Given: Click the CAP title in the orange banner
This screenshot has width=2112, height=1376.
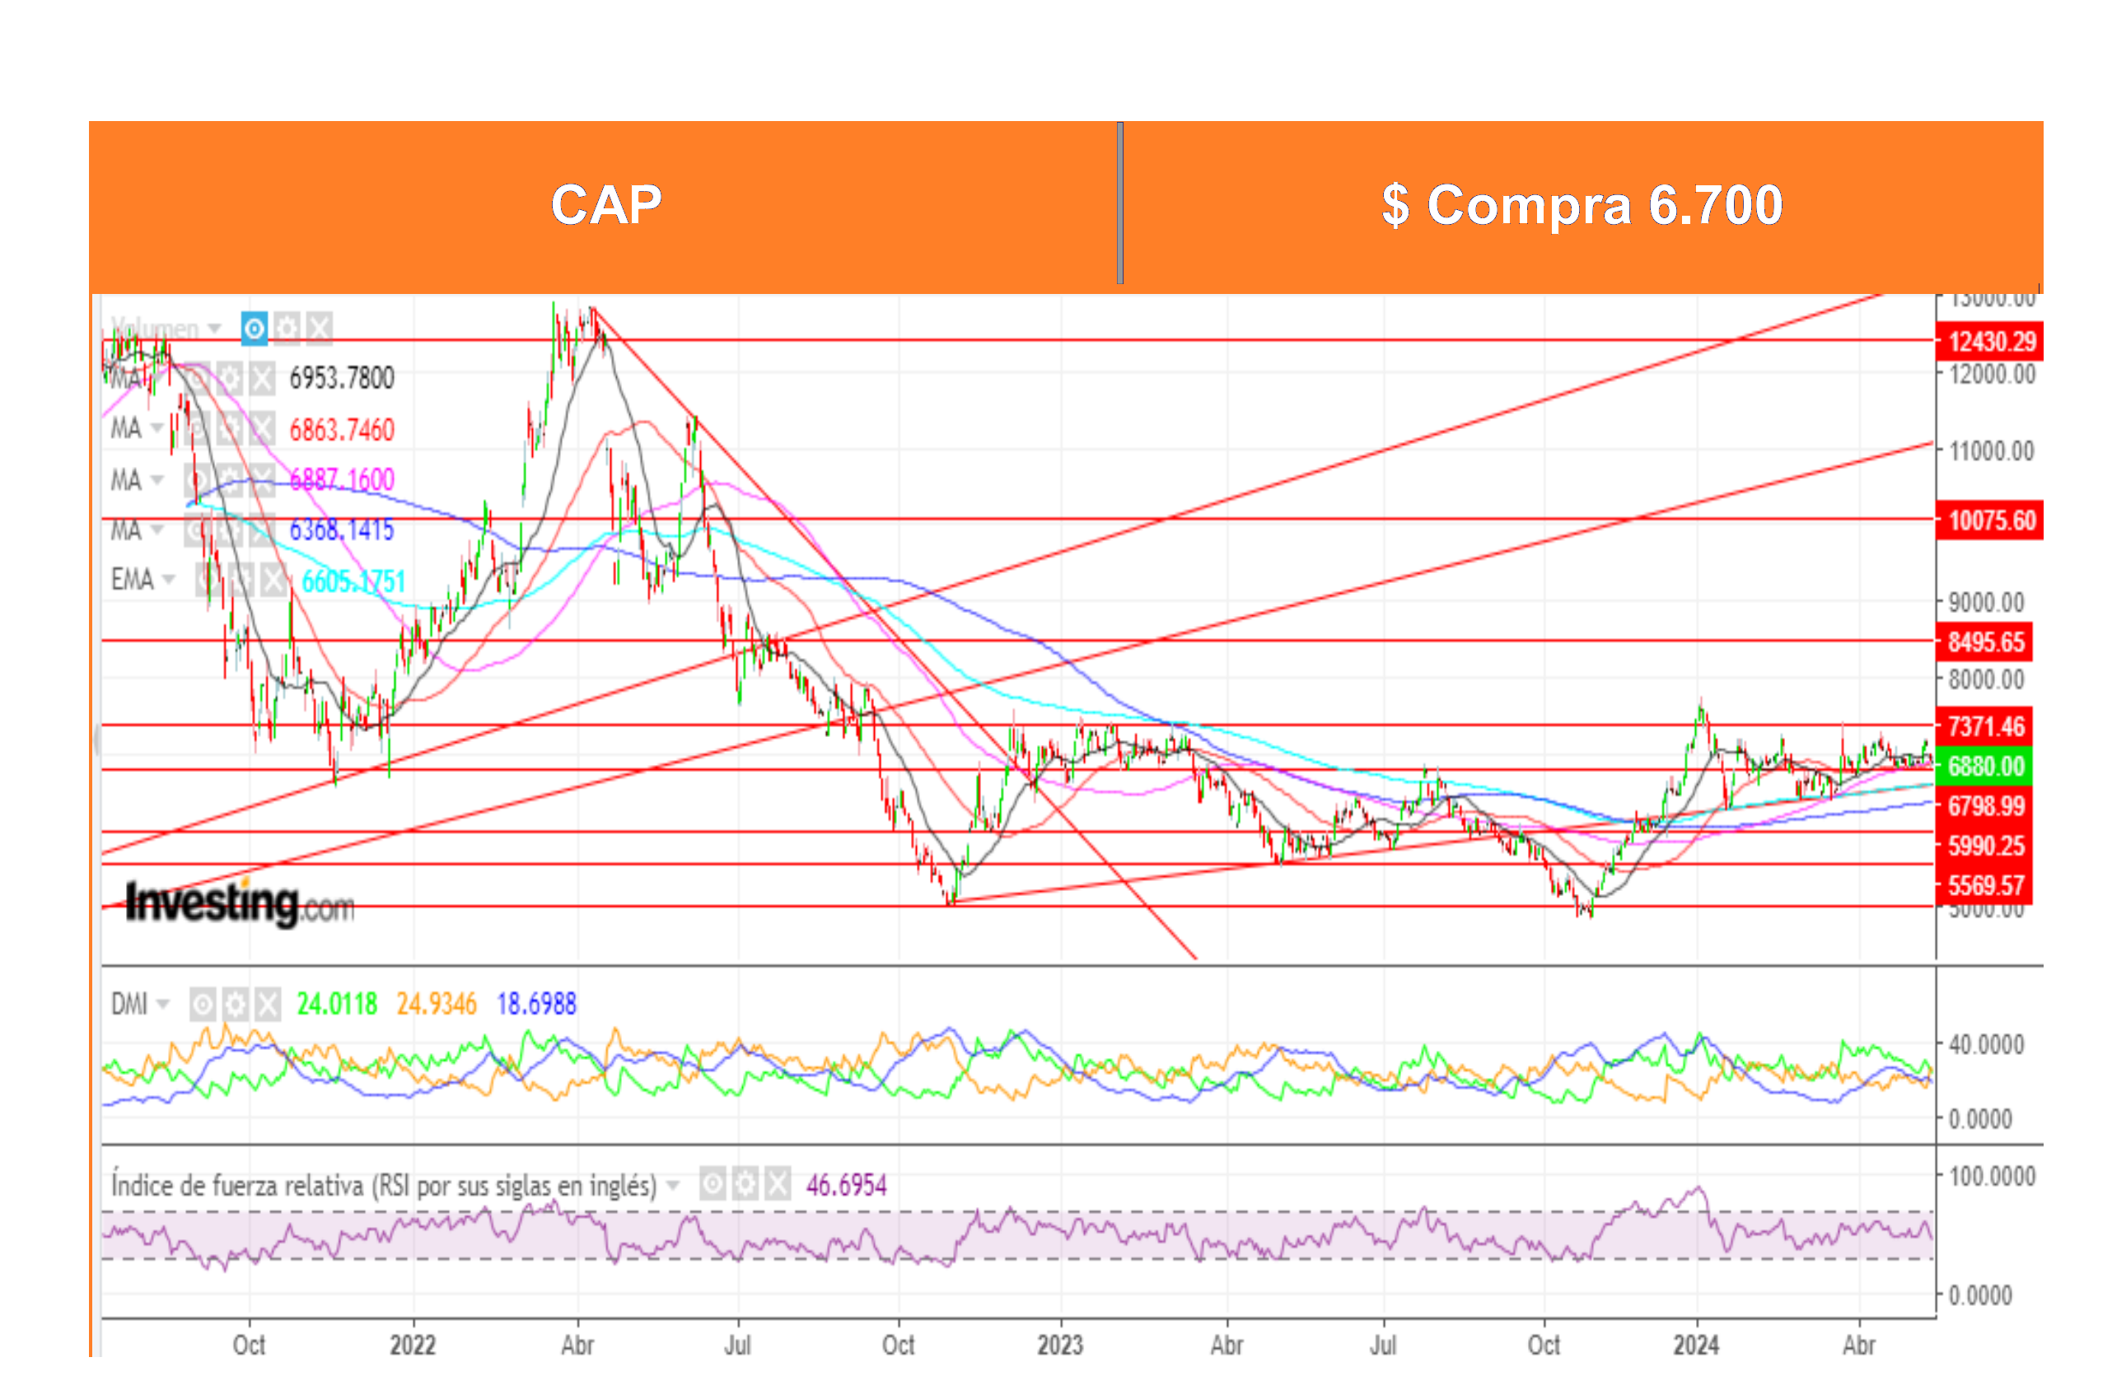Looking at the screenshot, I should click(x=606, y=205).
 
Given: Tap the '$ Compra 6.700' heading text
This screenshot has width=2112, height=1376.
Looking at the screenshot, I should click(x=1582, y=205).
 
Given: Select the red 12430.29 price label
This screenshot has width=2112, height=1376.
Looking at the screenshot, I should click(x=1991, y=342).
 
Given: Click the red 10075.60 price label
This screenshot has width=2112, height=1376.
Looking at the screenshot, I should click(x=1991, y=520).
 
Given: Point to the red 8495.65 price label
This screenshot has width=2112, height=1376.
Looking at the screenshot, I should click(x=1986, y=641).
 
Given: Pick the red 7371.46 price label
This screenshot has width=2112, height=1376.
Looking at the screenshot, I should click(x=1986, y=726).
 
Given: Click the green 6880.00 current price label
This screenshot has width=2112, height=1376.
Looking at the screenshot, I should click(x=1986, y=766).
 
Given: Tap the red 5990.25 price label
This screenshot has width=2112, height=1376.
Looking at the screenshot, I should click(x=1986, y=846).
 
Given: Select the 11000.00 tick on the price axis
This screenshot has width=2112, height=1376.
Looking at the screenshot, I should click(x=1991, y=450).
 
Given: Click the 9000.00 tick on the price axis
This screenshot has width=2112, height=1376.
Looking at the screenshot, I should click(x=1986, y=603).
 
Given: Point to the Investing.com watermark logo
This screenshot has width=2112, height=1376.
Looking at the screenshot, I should click(x=240, y=903).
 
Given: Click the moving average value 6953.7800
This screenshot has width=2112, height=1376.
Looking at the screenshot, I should click(x=342, y=378).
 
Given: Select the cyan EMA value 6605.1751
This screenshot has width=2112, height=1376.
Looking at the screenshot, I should click(x=353, y=581).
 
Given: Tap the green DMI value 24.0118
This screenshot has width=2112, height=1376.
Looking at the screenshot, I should click(x=336, y=1004).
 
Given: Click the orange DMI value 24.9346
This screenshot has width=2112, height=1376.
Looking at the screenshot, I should click(x=436, y=1004).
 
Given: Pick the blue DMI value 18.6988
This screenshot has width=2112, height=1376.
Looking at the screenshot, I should click(x=536, y=1004).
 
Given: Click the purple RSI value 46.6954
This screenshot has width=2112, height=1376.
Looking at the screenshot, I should click(x=846, y=1184).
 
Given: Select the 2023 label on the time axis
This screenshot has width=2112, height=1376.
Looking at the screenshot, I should click(x=1059, y=1345).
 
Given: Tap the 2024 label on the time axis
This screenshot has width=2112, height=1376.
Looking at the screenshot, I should click(x=1696, y=1345).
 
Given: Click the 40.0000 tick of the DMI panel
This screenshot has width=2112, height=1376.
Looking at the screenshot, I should click(x=1986, y=1044).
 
